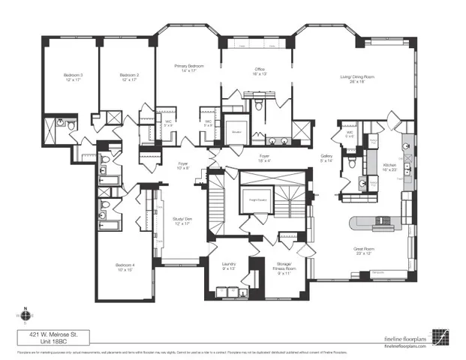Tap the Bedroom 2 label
click(x=129, y=76)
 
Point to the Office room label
click(x=260, y=70)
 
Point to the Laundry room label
click(x=229, y=265)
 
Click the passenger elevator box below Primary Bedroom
click(x=235, y=130)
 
